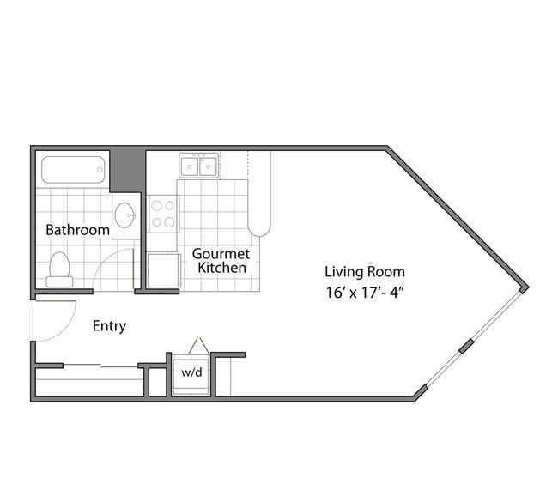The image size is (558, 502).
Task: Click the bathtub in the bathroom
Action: [x=75, y=169]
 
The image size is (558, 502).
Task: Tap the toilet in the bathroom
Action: [x=60, y=269]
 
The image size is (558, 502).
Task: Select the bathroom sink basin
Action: [x=124, y=215]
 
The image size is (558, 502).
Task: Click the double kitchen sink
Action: [x=198, y=166]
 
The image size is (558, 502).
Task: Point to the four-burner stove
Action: [x=162, y=214]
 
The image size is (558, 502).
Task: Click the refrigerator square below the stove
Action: [x=162, y=270]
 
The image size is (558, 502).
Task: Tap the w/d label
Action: [x=190, y=373]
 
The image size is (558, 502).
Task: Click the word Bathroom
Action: [x=77, y=230]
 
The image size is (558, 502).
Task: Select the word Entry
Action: [x=109, y=326]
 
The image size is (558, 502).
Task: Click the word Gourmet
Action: [x=221, y=254]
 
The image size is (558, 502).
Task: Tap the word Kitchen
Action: [x=221, y=268]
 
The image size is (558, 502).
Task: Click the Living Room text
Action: [x=364, y=272]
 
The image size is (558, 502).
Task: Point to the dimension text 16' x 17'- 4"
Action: [x=364, y=292]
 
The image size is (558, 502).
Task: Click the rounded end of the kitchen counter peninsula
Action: [x=259, y=227]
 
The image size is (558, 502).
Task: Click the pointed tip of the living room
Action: [x=525, y=287]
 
